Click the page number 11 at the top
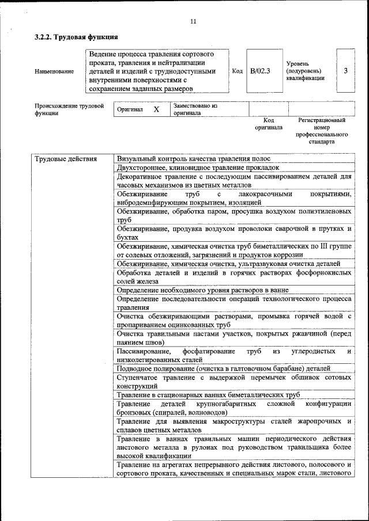pyautogui.click(x=193, y=21)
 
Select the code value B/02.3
pyautogui.click(x=261, y=71)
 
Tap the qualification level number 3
pyautogui.click(x=345, y=71)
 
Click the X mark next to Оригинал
pyautogui.click(x=156, y=109)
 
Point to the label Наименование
pyautogui.click(x=54, y=71)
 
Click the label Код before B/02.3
pyautogui.click(x=237, y=71)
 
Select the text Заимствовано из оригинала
pyautogui.click(x=195, y=109)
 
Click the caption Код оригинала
pyautogui.click(x=269, y=124)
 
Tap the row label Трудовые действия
pyautogui.click(x=66, y=159)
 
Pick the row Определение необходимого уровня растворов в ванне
pyautogui.click(x=202, y=290)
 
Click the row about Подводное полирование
pyautogui.click(x=223, y=368)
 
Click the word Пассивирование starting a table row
pyautogui.click(x=143, y=351)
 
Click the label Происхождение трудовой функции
pyautogui.click(x=69, y=109)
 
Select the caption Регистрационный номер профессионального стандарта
pyautogui.click(x=321, y=131)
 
